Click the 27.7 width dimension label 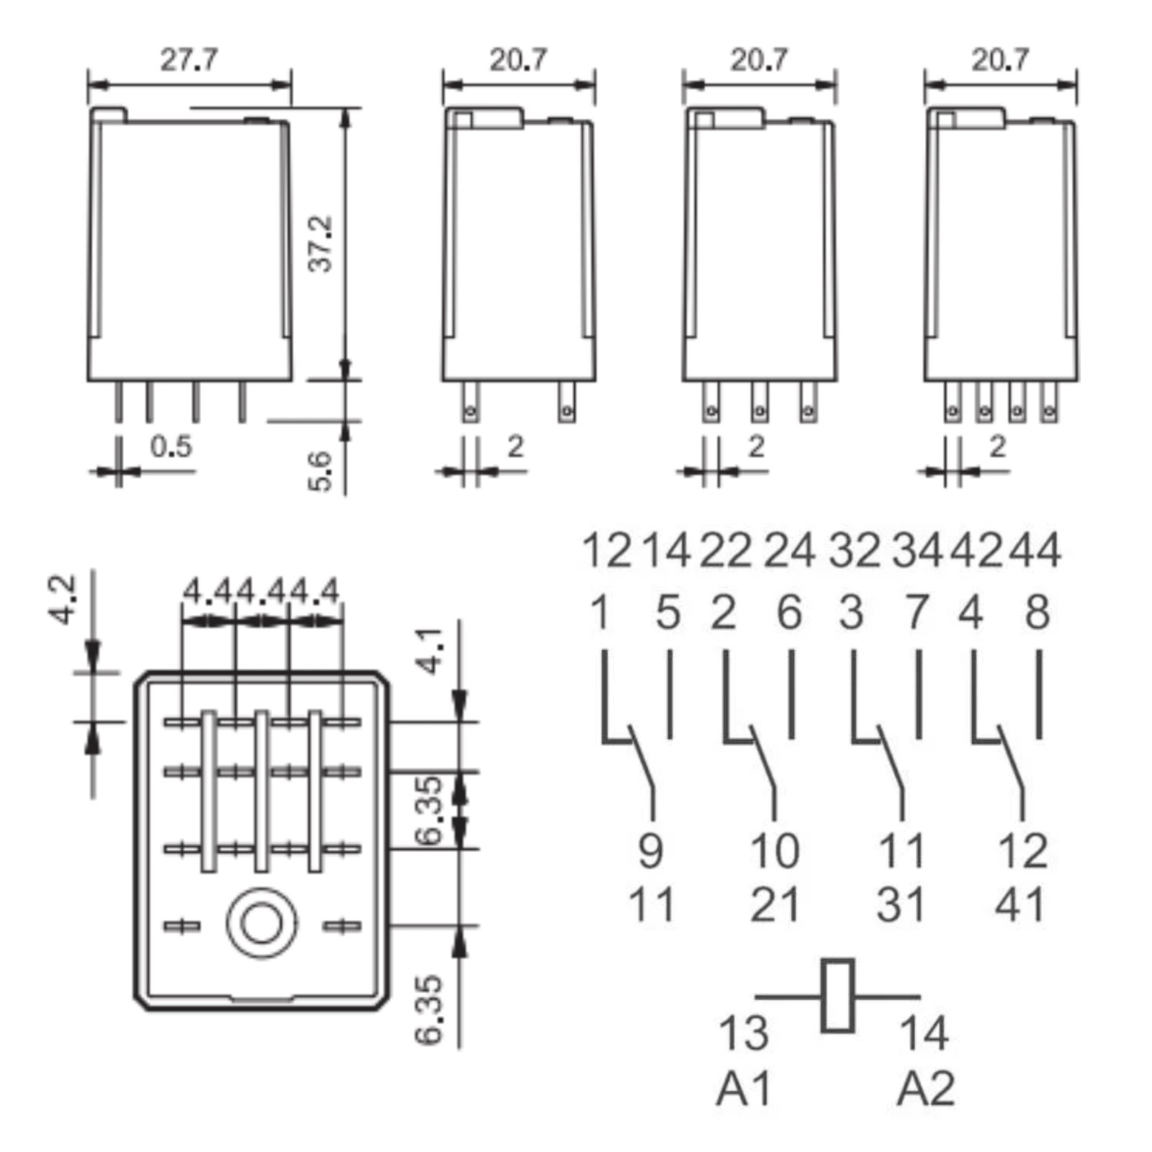click(188, 59)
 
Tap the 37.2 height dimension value click(321, 243)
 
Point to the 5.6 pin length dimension click(321, 472)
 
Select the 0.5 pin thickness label click(171, 447)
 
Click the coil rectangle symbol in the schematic click(837, 996)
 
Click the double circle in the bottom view click(261, 924)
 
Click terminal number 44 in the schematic click(1034, 552)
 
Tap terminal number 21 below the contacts click(775, 905)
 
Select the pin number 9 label click(650, 850)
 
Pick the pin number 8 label click(1038, 613)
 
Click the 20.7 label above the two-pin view click(518, 59)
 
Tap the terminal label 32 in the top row click(855, 552)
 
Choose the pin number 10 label click(775, 850)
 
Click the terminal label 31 click(900, 905)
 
